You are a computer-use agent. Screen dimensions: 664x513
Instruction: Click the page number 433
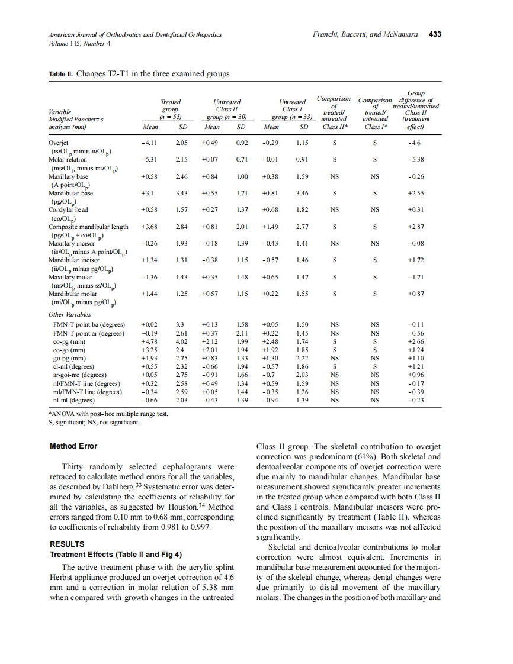point(435,35)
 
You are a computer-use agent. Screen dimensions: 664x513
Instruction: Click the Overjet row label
point(58,143)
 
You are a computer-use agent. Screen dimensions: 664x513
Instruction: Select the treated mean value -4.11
point(149,143)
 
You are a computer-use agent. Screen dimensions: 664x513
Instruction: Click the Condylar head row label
point(68,209)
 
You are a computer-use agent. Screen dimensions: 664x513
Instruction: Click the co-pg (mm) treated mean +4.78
point(149,342)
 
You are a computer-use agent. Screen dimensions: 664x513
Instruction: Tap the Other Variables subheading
point(70,315)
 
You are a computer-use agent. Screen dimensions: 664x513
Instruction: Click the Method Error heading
point(73,446)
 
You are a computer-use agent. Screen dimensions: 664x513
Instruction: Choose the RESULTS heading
point(67,544)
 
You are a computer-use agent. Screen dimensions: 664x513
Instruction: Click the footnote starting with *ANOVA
point(108,414)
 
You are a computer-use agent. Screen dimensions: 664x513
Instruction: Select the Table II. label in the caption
point(62,75)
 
